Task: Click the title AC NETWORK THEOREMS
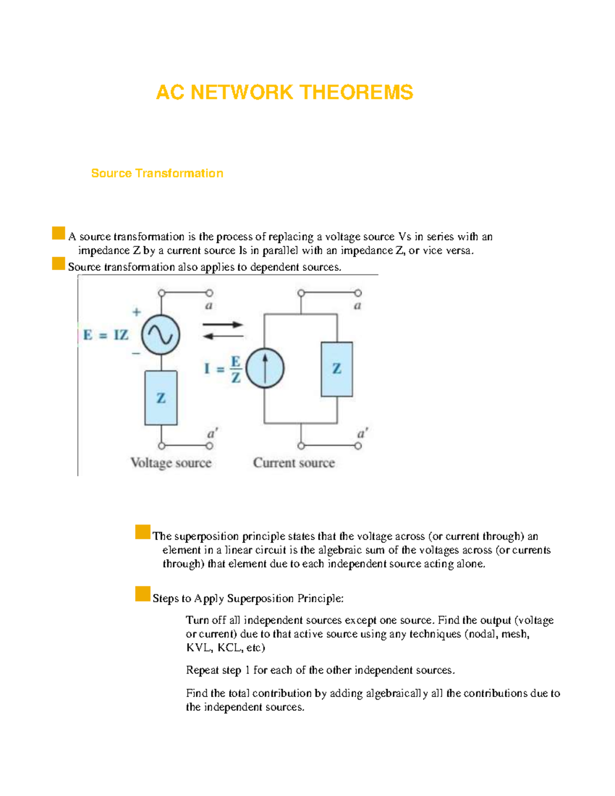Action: coord(284,93)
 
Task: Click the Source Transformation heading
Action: coord(157,173)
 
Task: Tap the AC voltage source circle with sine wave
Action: coord(160,335)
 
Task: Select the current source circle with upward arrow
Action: coord(265,368)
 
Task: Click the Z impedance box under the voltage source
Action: coord(161,398)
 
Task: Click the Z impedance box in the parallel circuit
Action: coord(337,369)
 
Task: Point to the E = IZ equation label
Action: coord(106,335)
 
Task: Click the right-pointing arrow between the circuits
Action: coord(222,324)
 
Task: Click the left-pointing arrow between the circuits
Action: coord(222,336)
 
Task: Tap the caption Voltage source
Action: coord(171,463)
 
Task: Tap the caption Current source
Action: coord(294,463)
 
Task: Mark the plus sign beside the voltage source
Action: coord(136,312)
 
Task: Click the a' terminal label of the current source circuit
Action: coord(362,434)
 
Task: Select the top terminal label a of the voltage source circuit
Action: coord(209,305)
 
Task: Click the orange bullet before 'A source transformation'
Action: coord(58,234)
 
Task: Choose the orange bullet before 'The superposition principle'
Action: coord(142,532)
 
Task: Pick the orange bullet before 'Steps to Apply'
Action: coord(142,594)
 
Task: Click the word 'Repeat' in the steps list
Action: coord(202,670)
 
